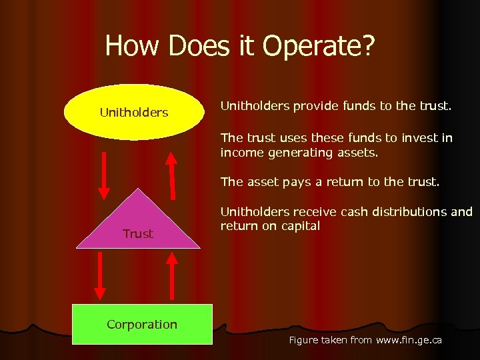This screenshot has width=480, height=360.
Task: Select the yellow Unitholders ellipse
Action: (134, 113)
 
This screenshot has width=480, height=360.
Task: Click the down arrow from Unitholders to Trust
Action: (104, 175)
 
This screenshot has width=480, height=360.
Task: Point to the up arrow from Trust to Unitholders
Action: (172, 175)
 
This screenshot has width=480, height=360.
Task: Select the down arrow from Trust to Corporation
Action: (101, 275)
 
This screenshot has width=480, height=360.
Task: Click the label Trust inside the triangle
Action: (138, 234)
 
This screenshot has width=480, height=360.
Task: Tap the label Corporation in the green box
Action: (142, 325)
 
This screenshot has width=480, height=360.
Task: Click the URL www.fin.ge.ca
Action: (409, 340)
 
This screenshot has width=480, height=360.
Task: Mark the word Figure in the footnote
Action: (305, 340)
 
